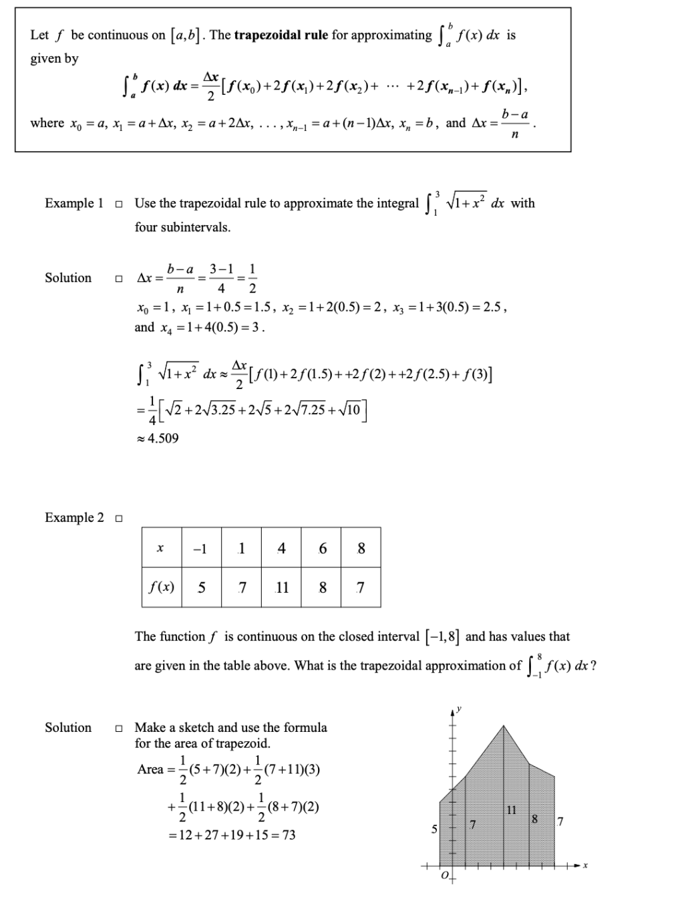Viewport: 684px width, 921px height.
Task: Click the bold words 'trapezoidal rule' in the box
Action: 281,35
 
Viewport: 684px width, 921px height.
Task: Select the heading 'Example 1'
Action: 74,203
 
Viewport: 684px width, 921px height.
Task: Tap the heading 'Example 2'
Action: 74,517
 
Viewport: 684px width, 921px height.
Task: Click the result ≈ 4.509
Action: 158,438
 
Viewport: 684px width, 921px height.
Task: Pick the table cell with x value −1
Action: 200,549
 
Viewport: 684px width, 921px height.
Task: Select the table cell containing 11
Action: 282,587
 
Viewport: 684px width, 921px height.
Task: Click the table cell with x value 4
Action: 282,549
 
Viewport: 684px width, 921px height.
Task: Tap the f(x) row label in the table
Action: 161,587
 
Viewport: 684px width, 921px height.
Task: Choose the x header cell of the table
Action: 160,549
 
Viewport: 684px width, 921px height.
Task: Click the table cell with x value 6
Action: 323,549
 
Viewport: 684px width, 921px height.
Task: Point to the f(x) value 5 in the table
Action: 201,587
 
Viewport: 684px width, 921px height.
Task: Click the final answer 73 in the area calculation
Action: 288,835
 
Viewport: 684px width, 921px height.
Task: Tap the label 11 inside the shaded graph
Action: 512,810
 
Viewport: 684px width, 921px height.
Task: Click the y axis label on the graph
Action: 460,710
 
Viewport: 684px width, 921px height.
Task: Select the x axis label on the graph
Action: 585,866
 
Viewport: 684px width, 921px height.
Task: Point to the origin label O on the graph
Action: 444,876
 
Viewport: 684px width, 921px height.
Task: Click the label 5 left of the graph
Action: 434,829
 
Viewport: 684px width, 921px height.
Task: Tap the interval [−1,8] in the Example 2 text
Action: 440,637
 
